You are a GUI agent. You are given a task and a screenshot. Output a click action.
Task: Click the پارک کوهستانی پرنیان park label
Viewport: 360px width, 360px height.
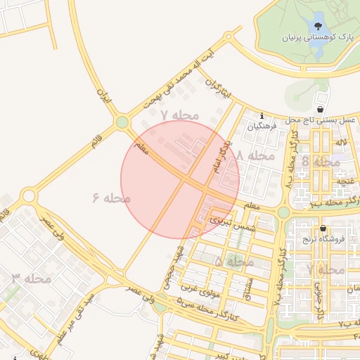pyautogui.click(x=316, y=36)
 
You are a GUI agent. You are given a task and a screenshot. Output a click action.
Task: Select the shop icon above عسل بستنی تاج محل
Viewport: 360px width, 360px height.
pyautogui.click(x=321, y=109)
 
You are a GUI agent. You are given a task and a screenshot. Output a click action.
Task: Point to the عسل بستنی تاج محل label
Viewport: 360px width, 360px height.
pyautogui.click(x=321, y=120)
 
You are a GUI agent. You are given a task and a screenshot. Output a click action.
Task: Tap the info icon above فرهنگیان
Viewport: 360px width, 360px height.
pyautogui.click(x=262, y=115)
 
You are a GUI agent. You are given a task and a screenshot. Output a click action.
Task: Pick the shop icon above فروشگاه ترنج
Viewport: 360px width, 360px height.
pyautogui.click(x=322, y=229)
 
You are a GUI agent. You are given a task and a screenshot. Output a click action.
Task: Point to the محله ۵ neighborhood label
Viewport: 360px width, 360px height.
pyautogui.click(x=234, y=261)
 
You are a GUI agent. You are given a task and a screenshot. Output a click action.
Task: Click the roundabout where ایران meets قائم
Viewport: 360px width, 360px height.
pyautogui.click(x=122, y=122)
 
